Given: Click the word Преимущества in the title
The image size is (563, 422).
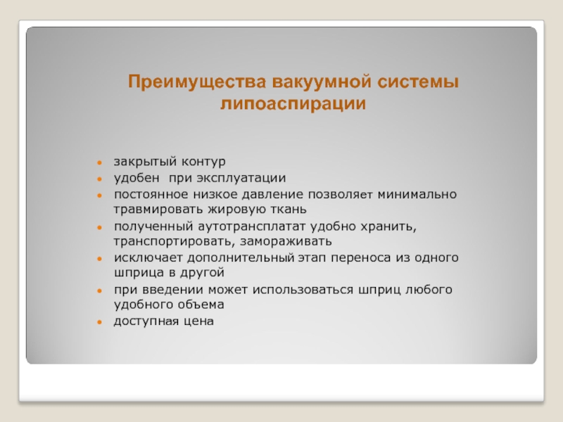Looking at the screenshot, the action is click(x=197, y=82).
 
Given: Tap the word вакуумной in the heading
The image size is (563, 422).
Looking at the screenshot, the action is click(x=322, y=82).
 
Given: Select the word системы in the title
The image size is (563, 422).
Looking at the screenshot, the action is click(x=418, y=82).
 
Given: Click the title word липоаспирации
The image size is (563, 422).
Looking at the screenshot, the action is click(x=293, y=103).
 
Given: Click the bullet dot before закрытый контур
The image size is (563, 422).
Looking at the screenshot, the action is click(x=100, y=162).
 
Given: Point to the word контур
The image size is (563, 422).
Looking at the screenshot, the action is click(x=203, y=162).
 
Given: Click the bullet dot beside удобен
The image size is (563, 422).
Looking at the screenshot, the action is click(x=100, y=179).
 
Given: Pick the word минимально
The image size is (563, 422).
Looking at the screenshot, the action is click(x=417, y=195).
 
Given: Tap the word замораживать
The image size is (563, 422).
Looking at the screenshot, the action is click(x=286, y=241).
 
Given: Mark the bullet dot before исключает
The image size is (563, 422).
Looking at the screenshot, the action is click(x=100, y=259).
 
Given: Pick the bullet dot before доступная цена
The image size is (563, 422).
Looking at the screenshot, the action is click(x=100, y=322).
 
